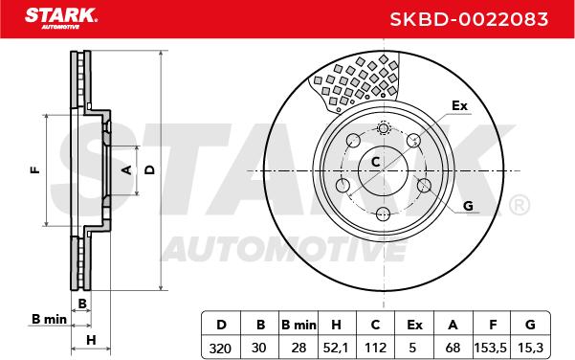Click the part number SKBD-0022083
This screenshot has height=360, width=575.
[469, 19]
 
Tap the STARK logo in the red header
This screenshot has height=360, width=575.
[61, 18]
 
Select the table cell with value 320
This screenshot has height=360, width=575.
[220, 348]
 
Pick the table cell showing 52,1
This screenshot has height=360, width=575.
[336, 348]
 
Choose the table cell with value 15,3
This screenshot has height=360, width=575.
[529, 348]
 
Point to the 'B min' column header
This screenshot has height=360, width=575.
[299, 325]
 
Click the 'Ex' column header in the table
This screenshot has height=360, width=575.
[414, 325]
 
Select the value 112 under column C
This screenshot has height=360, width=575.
[375, 348]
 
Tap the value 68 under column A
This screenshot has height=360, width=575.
[453, 348]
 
